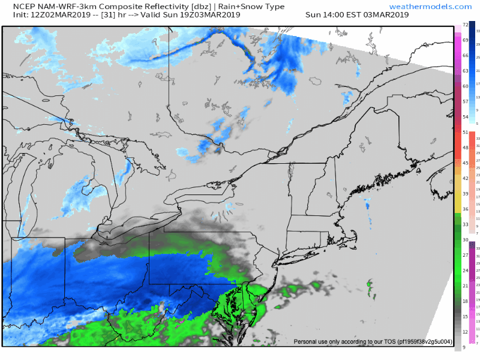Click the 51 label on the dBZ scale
(x=464, y=132)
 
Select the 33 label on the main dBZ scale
(x=464, y=224)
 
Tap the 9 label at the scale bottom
(x=464, y=347)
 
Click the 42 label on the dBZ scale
(x=464, y=178)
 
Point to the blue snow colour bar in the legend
(x=472, y=73)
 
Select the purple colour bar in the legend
(x=472, y=294)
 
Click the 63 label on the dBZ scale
(x=464, y=71)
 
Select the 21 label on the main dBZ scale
(x=464, y=286)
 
